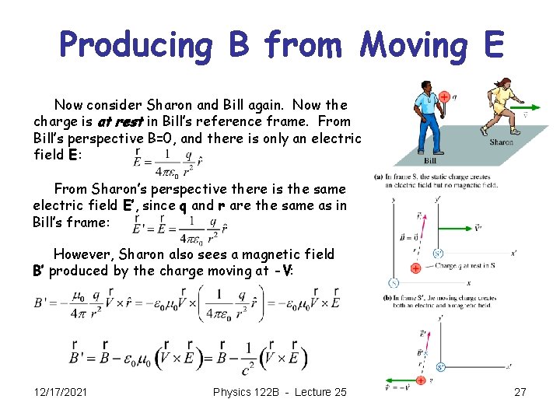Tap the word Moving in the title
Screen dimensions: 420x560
409,45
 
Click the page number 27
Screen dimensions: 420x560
520,392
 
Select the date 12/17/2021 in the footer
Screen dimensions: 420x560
61,392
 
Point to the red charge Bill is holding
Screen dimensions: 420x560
443,97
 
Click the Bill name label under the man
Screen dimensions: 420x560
429,161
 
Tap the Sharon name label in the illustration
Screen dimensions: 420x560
501,142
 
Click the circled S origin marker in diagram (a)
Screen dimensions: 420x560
394,282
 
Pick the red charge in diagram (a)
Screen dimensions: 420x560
416,268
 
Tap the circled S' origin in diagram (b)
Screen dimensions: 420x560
440,366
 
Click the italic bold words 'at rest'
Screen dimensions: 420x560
120,121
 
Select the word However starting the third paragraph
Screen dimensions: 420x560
83,254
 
